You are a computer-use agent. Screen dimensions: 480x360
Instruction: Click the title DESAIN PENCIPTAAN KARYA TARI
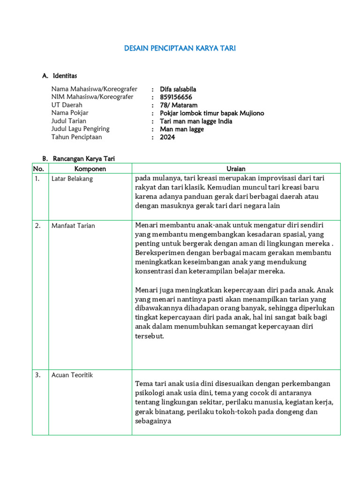click(x=180, y=48)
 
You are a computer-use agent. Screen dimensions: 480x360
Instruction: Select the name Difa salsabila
click(x=178, y=89)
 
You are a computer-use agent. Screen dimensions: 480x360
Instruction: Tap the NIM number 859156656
click(x=176, y=97)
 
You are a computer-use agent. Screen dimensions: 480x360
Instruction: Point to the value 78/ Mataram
click(x=179, y=105)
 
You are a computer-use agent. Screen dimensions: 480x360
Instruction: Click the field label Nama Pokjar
click(x=70, y=113)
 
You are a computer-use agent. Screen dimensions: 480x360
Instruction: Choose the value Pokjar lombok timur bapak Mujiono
click(x=212, y=113)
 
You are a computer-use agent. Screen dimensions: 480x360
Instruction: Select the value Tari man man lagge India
click(x=196, y=121)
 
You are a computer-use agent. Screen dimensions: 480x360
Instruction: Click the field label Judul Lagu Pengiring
click(x=80, y=129)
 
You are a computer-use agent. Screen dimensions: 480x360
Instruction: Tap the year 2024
click(x=167, y=137)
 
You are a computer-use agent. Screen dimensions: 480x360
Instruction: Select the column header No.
click(x=38, y=169)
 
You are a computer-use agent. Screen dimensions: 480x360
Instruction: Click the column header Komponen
click(x=90, y=169)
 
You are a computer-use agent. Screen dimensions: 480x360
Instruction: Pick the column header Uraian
click(x=236, y=169)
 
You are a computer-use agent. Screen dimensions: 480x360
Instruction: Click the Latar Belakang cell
click(x=72, y=179)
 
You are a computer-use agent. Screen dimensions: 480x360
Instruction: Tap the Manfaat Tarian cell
click(x=73, y=225)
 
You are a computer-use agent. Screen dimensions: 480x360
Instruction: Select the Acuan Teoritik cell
click(x=73, y=375)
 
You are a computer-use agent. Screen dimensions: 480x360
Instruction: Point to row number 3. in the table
click(x=37, y=375)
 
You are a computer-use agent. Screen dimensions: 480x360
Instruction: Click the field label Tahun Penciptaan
click(x=76, y=137)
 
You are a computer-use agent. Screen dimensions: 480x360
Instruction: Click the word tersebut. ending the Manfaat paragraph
click(x=150, y=336)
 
